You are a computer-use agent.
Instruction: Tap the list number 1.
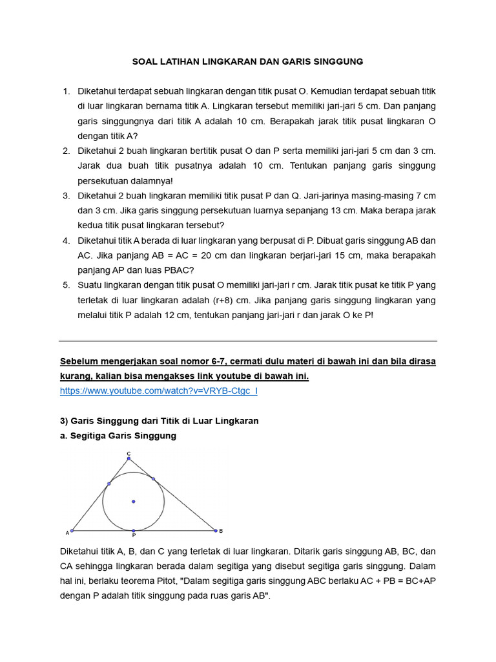pos(66,91)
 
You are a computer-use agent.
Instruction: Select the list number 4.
pos(66,240)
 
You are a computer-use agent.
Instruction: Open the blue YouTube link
pos(158,391)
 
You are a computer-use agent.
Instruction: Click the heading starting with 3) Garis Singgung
pos(159,421)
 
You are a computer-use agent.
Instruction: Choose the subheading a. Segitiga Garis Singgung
pos(118,436)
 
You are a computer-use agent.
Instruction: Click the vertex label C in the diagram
pos(129,453)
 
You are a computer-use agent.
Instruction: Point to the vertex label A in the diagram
pos(67,533)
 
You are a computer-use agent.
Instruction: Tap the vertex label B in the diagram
pos(221,531)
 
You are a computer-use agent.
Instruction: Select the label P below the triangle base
pos(134,536)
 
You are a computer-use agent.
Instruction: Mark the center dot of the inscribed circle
pos(134,501)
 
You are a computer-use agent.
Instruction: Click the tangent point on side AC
pos(109,484)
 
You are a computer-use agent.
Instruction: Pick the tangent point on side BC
pos(153,479)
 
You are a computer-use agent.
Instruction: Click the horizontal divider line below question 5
pos(248,341)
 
